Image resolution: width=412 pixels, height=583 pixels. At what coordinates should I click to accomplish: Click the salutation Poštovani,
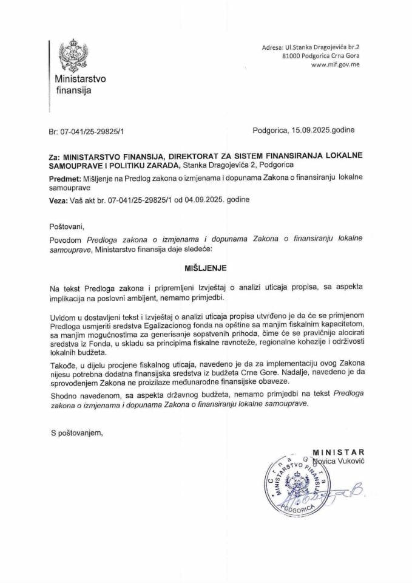(69, 227)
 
